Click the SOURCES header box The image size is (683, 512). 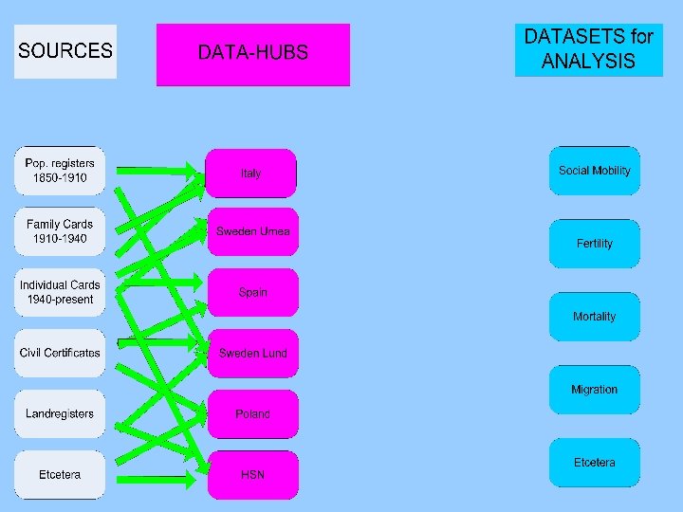coord(65,51)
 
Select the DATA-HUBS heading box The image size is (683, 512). coord(252,54)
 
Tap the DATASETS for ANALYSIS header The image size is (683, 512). coord(588,49)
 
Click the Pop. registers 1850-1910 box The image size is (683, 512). coord(60,171)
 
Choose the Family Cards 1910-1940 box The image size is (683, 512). coord(60,231)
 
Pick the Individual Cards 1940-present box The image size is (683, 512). coord(60,292)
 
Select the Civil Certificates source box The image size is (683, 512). coord(60,353)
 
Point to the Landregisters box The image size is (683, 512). coord(60,413)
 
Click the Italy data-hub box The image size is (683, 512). coord(251,174)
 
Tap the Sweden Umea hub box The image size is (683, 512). coord(252,232)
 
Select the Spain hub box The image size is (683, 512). coord(252,292)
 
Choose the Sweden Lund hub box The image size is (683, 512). coord(252,353)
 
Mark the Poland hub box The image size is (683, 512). coord(252,413)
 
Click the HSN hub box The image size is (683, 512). coord(252,474)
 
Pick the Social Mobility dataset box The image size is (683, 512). coord(595,171)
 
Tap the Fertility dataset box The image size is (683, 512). coord(595,244)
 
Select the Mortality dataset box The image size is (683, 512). coord(595,317)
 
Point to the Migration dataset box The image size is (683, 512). coord(595,390)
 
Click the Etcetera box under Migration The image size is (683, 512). coord(595,463)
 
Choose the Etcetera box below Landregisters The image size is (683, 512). coord(60,474)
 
